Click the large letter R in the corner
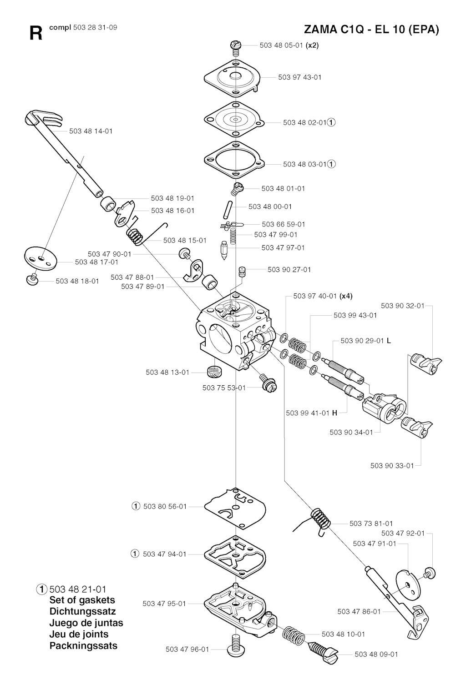(x=35, y=33)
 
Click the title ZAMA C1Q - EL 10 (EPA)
(x=371, y=30)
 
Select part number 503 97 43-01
(x=299, y=77)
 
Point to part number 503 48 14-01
(x=91, y=131)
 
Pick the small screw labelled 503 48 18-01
(x=33, y=279)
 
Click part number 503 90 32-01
(x=402, y=306)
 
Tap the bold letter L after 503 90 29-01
(x=389, y=341)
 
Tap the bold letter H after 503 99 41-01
(x=334, y=413)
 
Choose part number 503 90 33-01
(x=392, y=465)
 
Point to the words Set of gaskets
(x=82, y=600)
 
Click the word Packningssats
(x=83, y=645)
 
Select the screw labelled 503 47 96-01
(x=235, y=648)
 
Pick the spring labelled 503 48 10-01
(x=294, y=634)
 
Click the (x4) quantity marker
(x=346, y=296)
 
